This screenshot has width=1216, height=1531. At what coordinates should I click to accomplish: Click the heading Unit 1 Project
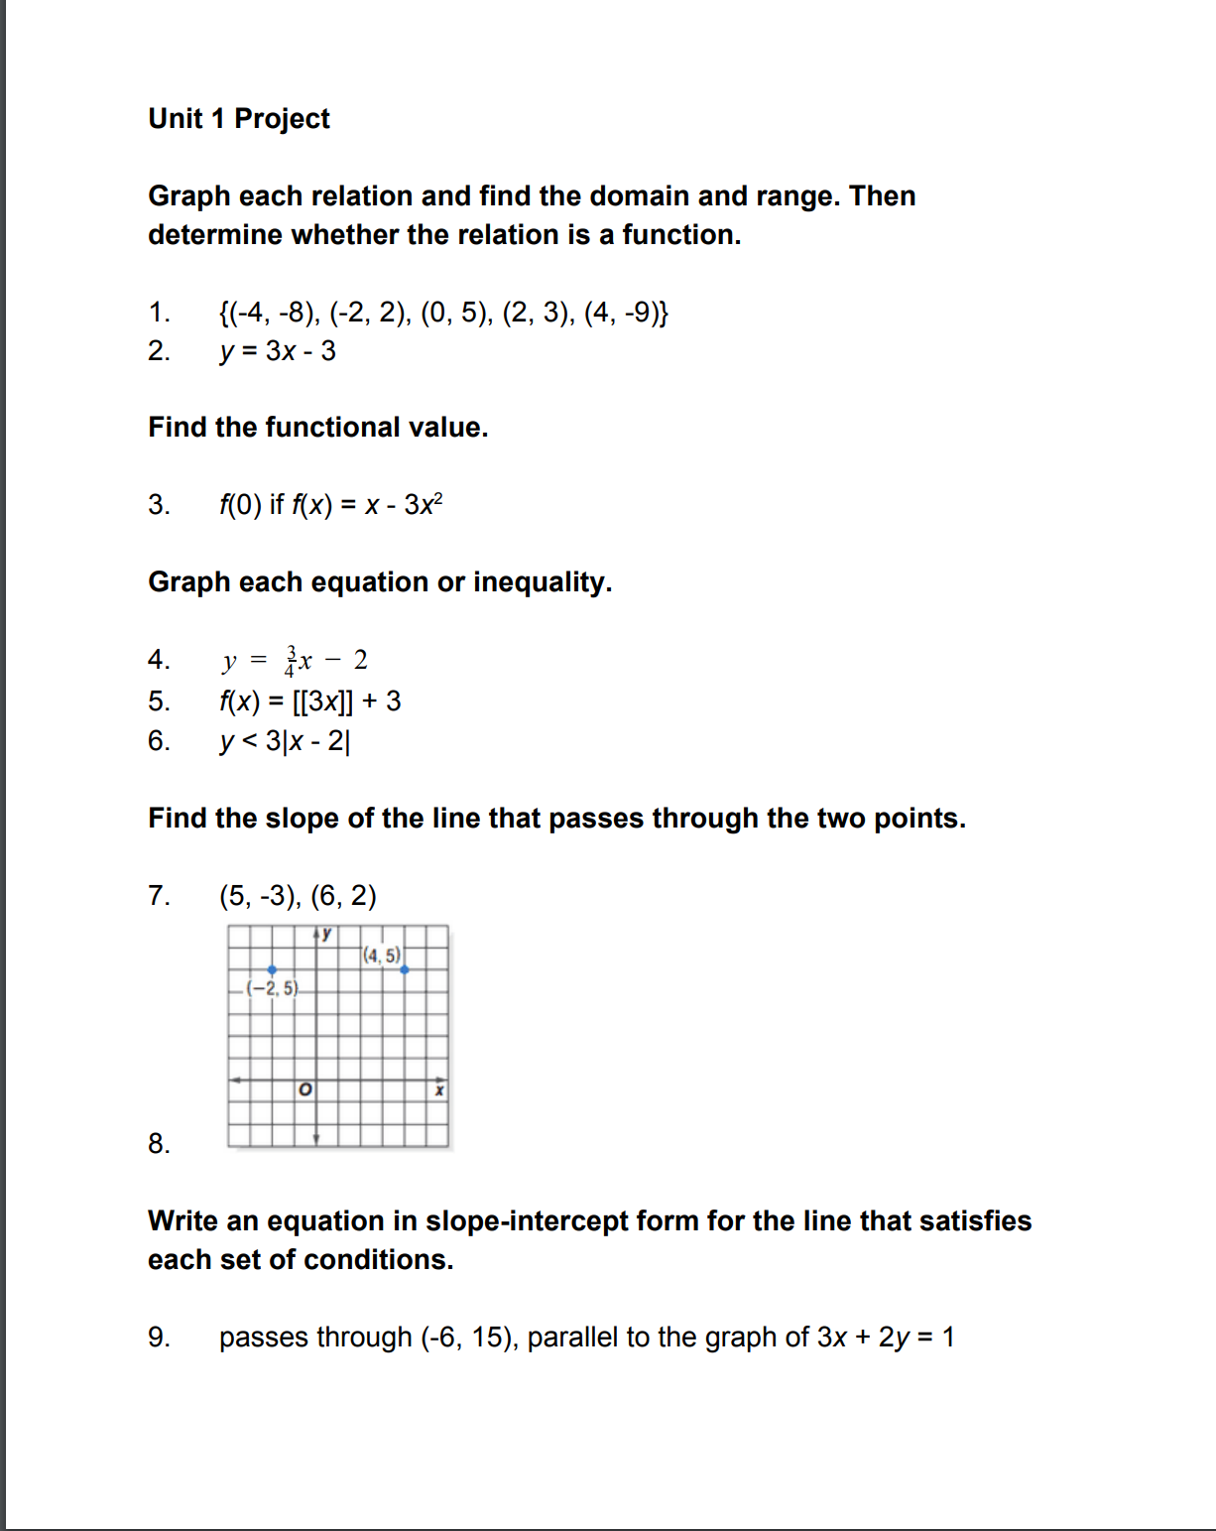point(239,119)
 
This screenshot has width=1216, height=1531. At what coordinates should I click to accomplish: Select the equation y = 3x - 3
point(278,351)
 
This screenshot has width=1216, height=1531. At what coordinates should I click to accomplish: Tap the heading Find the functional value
point(317,428)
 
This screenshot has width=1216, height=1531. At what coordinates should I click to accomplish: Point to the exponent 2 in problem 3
point(438,498)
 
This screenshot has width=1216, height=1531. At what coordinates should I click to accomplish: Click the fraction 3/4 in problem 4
point(291,661)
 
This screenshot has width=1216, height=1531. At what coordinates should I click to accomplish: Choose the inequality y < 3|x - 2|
point(285,741)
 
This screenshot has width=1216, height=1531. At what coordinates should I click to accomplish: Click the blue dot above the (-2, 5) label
point(272,969)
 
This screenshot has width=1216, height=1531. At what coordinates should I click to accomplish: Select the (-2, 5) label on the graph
point(272,988)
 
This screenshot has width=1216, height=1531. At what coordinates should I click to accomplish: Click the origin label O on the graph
point(305,1090)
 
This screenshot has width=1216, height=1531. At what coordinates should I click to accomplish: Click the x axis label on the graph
point(439,1091)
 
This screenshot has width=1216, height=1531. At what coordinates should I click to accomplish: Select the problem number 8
point(159,1144)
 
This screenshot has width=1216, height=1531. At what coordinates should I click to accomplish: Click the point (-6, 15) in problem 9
point(467,1338)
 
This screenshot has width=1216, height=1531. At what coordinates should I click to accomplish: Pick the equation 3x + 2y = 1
point(885,1338)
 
